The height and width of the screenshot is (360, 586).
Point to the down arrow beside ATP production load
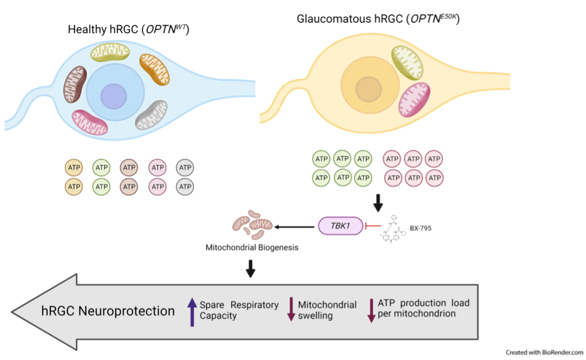click(371, 310)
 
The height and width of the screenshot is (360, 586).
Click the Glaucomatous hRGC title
click(378, 19)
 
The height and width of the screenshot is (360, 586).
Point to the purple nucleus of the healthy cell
click(113, 97)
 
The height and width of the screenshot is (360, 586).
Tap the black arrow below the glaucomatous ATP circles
click(378, 202)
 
